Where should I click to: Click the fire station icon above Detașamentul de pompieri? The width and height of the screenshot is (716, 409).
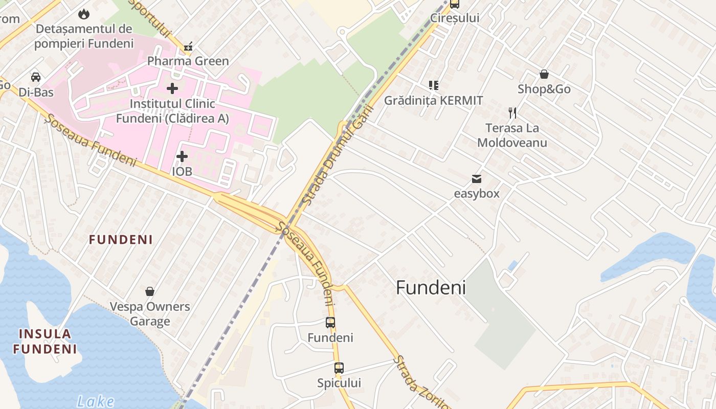point(84,14)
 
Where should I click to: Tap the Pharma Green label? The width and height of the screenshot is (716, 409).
point(188,61)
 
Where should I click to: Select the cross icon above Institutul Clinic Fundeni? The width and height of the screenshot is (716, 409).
point(172,88)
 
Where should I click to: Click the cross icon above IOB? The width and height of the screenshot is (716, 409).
point(182,156)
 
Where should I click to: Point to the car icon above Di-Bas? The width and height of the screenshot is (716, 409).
point(36,77)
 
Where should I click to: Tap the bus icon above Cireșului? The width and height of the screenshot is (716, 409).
point(454,5)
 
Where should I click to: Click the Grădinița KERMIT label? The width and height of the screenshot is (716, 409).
point(433,100)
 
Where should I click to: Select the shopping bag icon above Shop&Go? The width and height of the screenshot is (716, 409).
point(544,75)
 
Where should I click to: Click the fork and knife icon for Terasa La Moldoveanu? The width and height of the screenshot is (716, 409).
point(512,113)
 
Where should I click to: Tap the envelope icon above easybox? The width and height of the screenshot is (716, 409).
point(477,179)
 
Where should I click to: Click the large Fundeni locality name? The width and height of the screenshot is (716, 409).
point(431,288)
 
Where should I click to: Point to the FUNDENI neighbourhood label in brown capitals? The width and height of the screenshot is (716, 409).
point(121,240)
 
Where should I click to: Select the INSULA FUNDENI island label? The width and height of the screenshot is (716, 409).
point(45,342)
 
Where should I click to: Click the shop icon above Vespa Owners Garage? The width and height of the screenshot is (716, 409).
point(150,291)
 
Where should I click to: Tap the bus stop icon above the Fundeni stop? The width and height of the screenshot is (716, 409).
point(330,323)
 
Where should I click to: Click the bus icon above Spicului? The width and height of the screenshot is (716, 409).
point(339,368)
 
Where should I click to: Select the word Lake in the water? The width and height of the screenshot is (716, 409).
point(96,401)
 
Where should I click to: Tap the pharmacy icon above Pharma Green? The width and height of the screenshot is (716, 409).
point(188,48)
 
